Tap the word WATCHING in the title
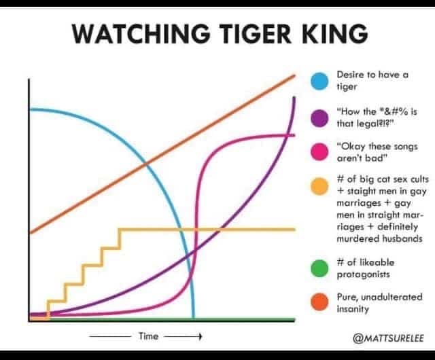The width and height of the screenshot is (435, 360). coord(141,34)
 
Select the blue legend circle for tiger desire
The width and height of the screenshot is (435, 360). coord(319,81)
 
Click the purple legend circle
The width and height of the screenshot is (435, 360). coord(319,118)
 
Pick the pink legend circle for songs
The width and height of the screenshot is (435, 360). coord(319,152)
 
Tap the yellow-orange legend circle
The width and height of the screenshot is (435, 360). coord(319,186)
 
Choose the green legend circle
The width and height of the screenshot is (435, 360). coord(319,268)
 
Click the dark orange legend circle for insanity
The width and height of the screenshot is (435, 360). coord(319,302)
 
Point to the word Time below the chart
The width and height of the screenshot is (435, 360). coord(148,336)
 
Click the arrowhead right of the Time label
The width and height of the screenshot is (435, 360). coord(200,337)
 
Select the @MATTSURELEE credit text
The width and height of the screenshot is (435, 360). coord(388,338)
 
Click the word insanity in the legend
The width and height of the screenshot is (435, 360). coord(353,308)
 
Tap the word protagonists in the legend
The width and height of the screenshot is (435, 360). coord(363,274)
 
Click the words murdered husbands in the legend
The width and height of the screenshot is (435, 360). coord(379,239)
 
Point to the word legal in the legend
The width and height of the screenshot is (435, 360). coord(367,124)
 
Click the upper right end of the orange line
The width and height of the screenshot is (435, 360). coord(294,75)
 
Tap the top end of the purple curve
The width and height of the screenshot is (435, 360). coord(294,98)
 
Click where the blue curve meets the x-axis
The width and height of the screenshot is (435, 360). coord(193,318)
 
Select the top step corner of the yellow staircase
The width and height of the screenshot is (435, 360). coord(120,230)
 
